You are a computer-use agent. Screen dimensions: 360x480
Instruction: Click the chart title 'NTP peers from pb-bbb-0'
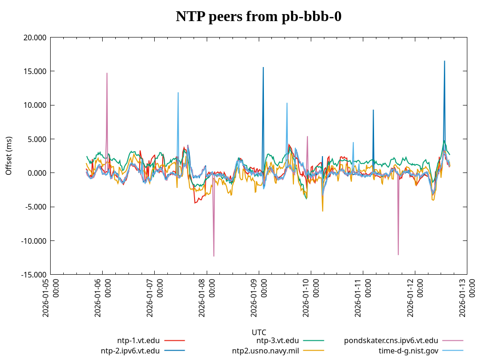coord(258,17)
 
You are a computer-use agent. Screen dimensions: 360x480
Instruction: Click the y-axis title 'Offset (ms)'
coord(9,156)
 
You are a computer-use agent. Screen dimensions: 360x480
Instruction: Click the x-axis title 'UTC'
coord(259,332)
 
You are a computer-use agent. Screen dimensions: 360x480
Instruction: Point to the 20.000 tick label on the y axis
coord(35,37)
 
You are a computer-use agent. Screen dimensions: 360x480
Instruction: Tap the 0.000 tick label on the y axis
coord(37,173)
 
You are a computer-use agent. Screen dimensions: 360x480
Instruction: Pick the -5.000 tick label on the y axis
coord(36,207)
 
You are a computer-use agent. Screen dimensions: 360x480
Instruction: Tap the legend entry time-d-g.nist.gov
coord(408,351)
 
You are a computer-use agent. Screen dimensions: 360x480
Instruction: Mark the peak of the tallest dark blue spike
coord(444,61)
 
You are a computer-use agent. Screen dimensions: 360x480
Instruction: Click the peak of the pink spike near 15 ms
coord(107,73)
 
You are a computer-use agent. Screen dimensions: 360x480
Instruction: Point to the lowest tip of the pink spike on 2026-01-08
coord(214,256)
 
